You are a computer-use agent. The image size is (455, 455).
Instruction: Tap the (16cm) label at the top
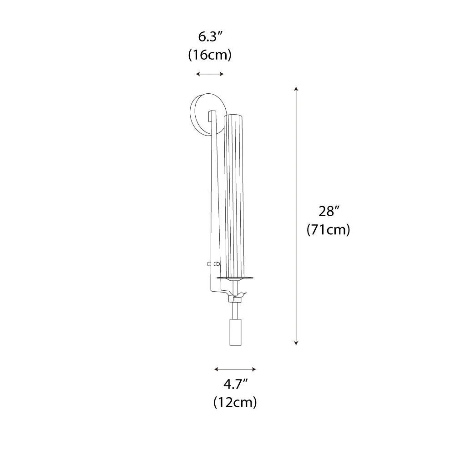(209, 55)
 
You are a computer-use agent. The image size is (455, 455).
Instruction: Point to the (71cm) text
(328, 230)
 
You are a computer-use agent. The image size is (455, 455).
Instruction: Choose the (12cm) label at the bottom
(235, 402)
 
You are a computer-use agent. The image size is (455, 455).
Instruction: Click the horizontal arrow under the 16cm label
(209, 74)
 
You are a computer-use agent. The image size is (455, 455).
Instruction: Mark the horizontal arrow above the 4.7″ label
(235, 369)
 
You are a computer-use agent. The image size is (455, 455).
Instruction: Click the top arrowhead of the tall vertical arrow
(297, 88)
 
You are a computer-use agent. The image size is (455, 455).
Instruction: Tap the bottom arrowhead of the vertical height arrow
(297, 342)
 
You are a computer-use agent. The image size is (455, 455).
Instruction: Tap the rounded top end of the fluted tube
(235, 116)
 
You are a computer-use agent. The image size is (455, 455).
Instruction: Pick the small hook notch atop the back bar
(211, 114)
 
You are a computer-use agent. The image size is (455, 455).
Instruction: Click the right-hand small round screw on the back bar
(217, 264)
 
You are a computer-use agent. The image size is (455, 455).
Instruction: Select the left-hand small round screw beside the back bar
(208, 264)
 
